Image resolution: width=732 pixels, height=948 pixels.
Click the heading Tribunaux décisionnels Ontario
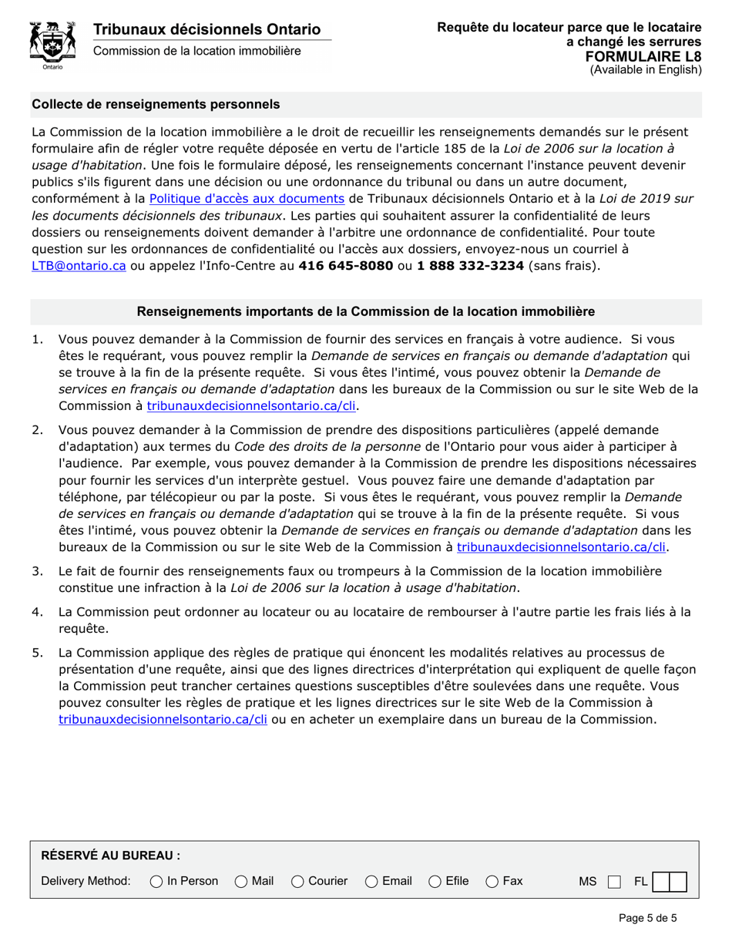(207, 29)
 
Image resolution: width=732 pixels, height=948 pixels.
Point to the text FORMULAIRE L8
(643, 56)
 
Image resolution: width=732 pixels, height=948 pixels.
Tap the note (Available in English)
(646, 69)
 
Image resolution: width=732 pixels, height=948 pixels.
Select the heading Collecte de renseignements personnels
(156, 104)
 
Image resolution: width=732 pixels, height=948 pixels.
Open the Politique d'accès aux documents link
(247, 198)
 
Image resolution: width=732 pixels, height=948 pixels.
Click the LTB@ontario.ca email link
(79, 265)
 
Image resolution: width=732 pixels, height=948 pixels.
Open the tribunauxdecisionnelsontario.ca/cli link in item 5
(163, 719)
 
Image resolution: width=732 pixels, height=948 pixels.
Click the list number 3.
(37, 571)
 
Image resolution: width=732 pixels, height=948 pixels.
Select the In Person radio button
(156, 881)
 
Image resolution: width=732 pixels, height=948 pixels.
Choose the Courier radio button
(297, 881)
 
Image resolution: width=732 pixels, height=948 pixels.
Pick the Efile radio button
(435, 881)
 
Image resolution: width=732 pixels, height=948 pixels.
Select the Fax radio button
(492, 881)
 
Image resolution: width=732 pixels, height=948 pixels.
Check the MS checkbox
(614, 882)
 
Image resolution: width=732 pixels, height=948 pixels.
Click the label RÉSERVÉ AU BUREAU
(110, 856)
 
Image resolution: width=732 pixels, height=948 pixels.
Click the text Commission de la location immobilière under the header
(197, 51)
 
